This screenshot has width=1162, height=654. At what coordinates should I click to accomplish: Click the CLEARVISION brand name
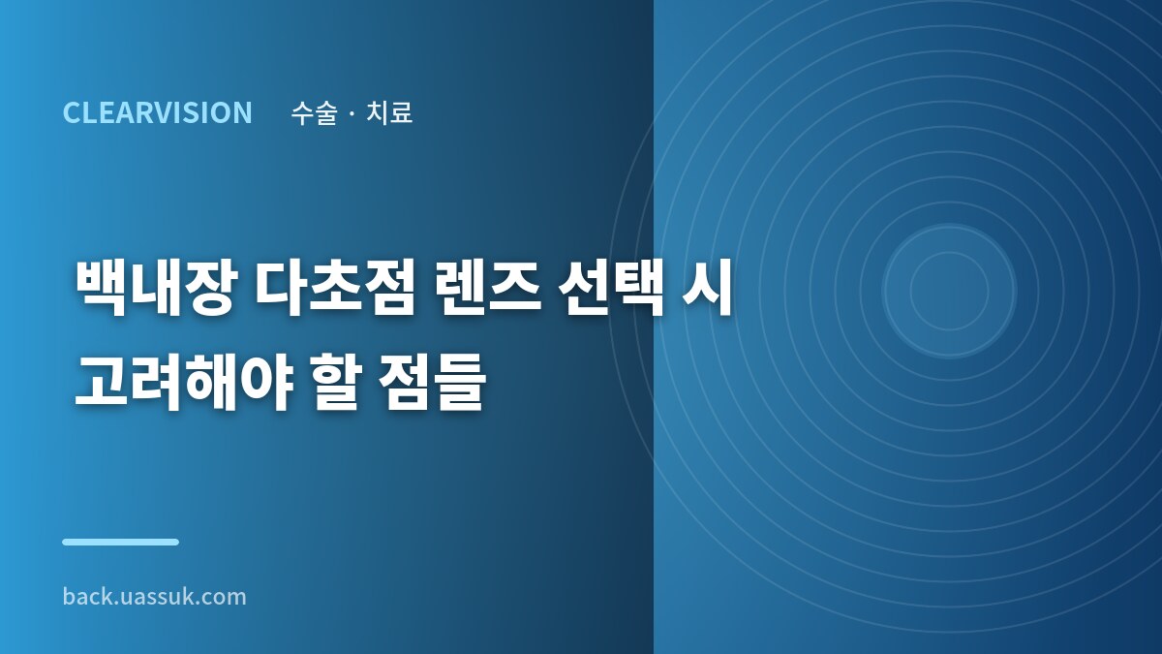click(x=157, y=112)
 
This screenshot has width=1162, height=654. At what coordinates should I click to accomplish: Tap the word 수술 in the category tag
click(x=315, y=112)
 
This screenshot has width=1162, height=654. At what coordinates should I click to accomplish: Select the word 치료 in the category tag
click(x=389, y=112)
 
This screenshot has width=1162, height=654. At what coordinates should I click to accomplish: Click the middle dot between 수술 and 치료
click(x=352, y=113)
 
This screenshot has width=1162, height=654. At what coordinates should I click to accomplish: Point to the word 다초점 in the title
click(x=336, y=288)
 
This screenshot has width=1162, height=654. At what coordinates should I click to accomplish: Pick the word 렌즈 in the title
click(x=488, y=288)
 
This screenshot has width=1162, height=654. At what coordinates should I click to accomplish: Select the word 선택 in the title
click(x=611, y=288)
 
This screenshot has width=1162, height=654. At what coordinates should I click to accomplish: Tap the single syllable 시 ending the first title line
click(x=707, y=288)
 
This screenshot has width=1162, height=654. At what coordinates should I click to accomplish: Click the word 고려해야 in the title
click(x=184, y=383)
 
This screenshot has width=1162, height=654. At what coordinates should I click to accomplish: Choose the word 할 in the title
click(x=336, y=383)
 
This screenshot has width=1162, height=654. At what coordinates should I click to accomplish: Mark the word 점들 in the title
click(x=432, y=383)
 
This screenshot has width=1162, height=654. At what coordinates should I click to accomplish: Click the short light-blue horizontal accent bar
click(x=120, y=542)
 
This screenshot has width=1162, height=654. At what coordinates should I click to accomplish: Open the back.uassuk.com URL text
click(x=155, y=597)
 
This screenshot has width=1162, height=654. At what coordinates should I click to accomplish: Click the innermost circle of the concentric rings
click(x=949, y=291)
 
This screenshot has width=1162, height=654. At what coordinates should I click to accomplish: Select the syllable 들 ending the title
click(x=460, y=383)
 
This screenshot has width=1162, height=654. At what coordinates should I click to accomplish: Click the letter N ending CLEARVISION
click(x=242, y=112)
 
